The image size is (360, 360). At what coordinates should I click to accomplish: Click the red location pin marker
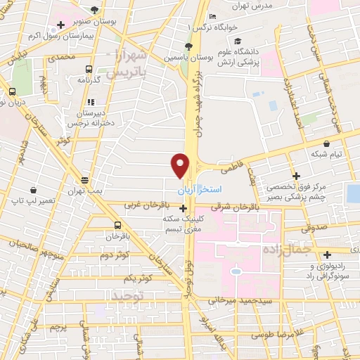coord(181,165)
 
